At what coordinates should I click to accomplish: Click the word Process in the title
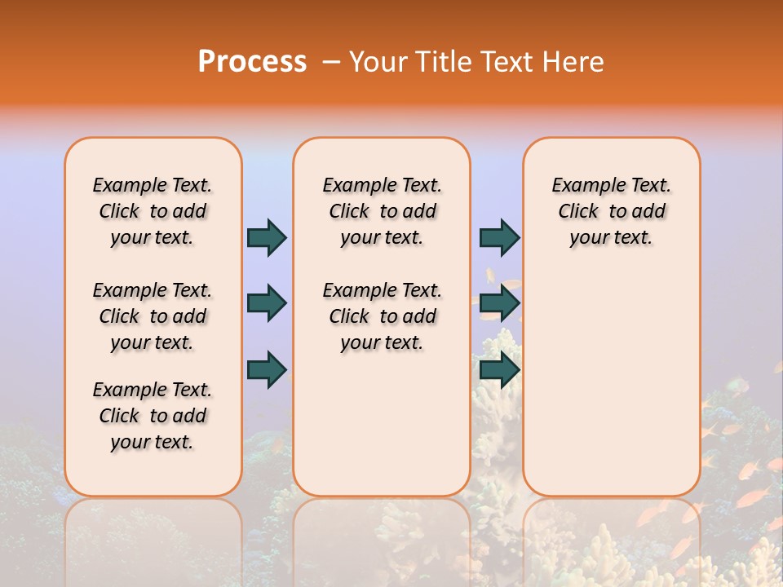pos(252,61)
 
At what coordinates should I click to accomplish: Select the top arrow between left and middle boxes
pos(267,237)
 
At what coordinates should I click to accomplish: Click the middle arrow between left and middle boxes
pos(267,303)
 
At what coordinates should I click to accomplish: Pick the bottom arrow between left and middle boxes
pos(267,369)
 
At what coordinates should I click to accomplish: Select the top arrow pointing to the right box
pos(499,237)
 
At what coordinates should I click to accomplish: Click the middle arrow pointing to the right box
pos(499,303)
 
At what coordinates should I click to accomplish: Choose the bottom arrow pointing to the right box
pos(499,369)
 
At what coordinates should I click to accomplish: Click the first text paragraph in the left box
pos(153,211)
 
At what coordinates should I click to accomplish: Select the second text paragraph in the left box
pos(153,316)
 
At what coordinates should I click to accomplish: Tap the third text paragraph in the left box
pos(153,416)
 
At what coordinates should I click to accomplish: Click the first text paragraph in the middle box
pos(382,211)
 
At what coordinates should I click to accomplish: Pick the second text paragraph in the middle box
pos(382,316)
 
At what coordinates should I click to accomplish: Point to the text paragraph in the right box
pos(611,211)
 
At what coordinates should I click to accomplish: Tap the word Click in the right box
pos(578,212)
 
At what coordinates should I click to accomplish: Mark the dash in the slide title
pos(332,61)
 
